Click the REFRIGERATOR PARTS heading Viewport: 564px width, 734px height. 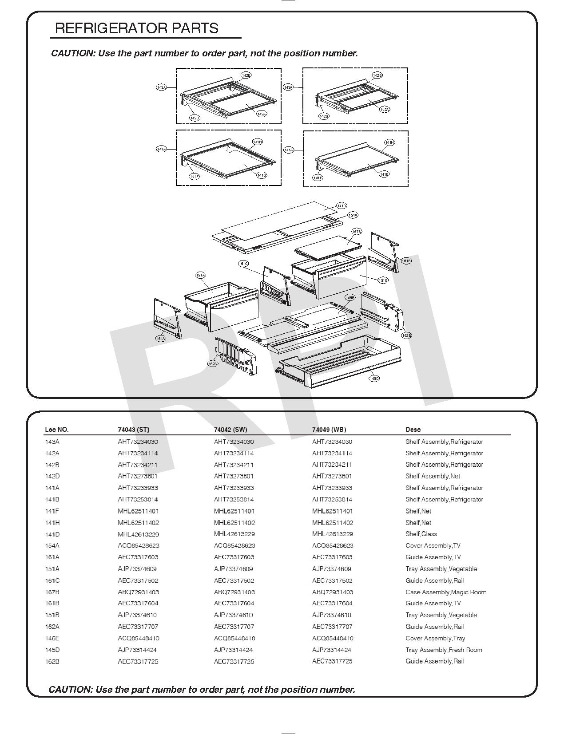pyautogui.click(x=137, y=28)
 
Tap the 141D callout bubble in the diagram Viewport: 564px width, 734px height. pyautogui.click(x=341, y=206)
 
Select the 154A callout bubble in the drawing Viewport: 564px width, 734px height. pyautogui.click(x=353, y=215)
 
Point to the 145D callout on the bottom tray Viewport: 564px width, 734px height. pyautogui.click(x=374, y=379)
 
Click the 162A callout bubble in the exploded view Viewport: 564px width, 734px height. pyautogui.click(x=213, y=363)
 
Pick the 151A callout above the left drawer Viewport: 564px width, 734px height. pyautogui.click(x=200, y=275)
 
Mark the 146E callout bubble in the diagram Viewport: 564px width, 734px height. pyautogui.click(x=350, y=297)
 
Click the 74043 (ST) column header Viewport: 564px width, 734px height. pyautogui.click(x=134, y=430)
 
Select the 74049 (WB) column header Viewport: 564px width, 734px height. pyautogui.click(x=329, y=430)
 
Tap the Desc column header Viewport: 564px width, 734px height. pyautogui.click(x=413, y=430)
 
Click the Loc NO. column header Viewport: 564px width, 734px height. pyautogui.click(x=57, y=430)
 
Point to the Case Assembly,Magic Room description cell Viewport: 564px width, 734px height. pyautogui.click(x=446, y=592)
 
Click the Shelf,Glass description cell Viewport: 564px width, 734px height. pyautogui.click(x=421, y=534)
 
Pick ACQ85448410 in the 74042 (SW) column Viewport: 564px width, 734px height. pyautogui.click(x=234, y=638)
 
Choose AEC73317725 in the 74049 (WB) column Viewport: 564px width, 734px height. pyautogui.click(x=332, y=661)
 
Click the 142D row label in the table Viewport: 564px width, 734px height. pyautogui.click(x=52, y=476)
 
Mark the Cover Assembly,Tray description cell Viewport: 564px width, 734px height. pyautogui.click(x=435, y=638)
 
